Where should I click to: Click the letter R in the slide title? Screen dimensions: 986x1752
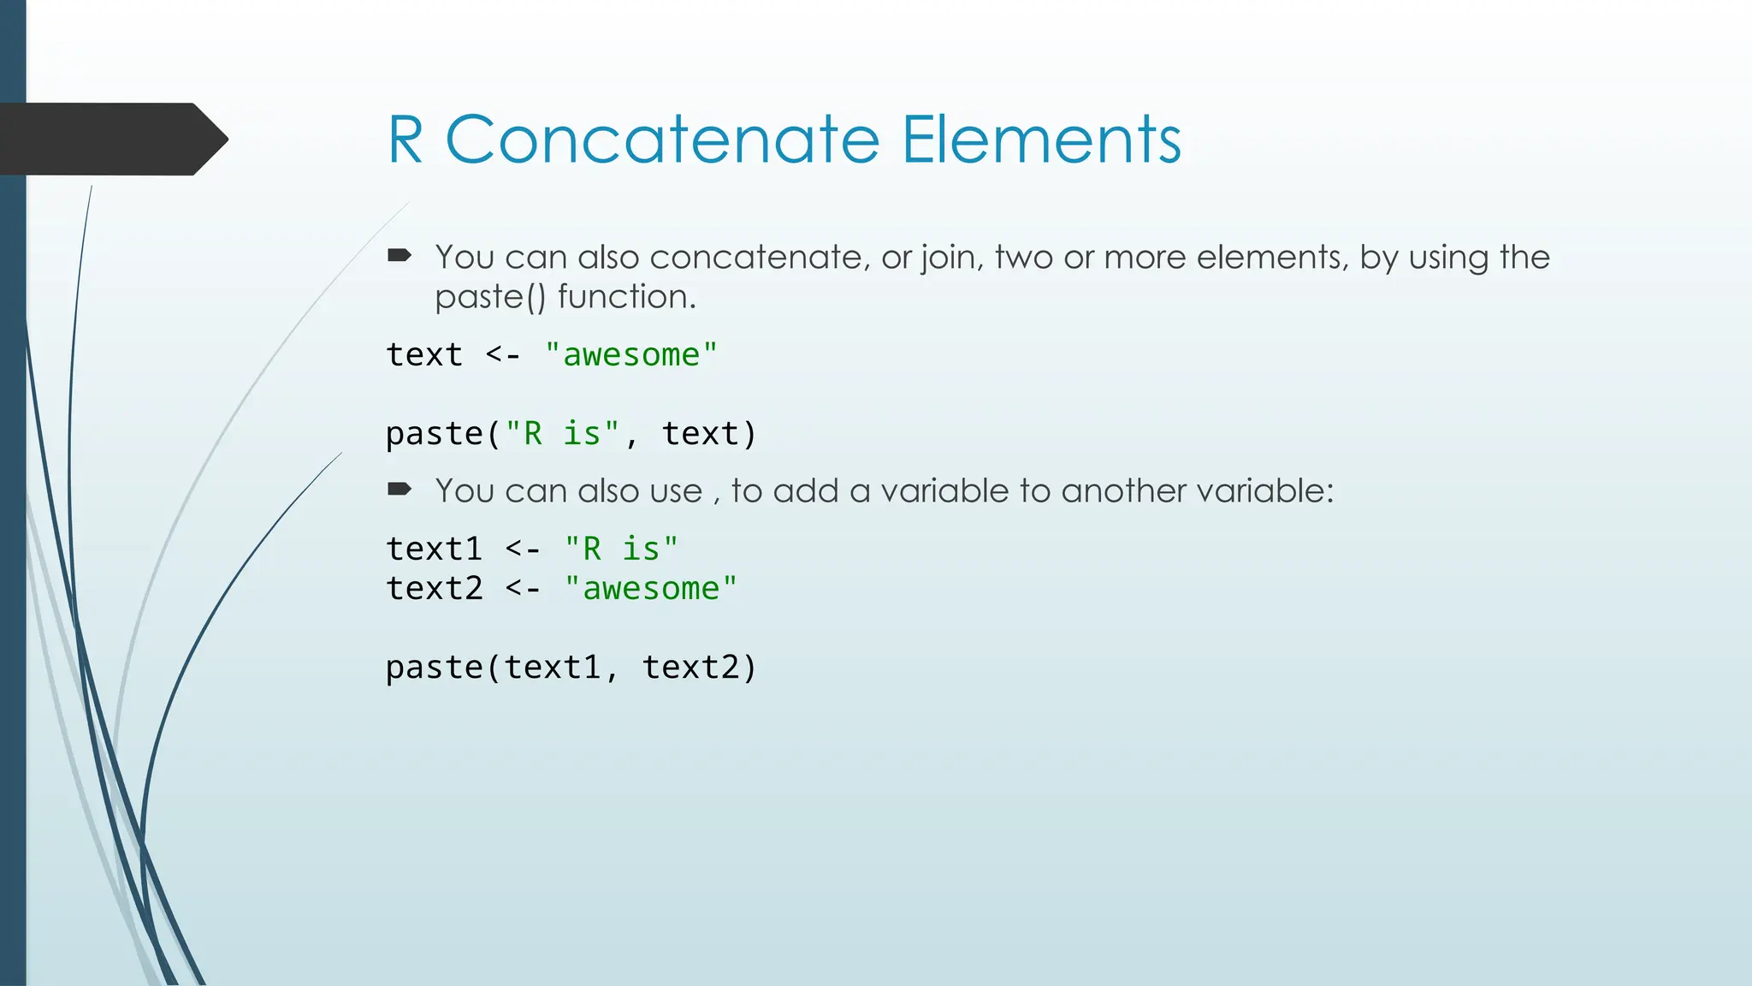click(x=405, y=140)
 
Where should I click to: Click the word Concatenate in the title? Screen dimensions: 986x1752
click(x=662, y=140)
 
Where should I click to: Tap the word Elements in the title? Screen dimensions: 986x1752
click(x=1041, y=140)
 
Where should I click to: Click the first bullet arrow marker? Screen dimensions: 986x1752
click(x=400, y=255)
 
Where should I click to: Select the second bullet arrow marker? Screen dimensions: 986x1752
click(x=400, y=490)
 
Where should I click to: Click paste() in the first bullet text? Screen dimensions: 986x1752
click(x=489, y=297)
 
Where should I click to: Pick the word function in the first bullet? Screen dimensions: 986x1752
click(x=626, y=297)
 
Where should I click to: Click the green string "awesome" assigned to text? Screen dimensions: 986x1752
click(x=630, y=354)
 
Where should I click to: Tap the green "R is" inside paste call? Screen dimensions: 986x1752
click(x=562, y=433)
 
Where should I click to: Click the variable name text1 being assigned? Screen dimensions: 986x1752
click(x=434, y=549)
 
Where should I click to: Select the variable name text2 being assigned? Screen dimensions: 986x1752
click(x=434, y=588)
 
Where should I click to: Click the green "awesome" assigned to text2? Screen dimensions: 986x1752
click(x=650, y=588)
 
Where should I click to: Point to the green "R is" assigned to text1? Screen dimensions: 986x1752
click(x=621, y=549)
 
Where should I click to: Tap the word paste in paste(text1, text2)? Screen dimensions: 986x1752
click(x=434, y=667)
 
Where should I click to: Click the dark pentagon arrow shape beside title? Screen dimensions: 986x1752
click(x=111, y=139)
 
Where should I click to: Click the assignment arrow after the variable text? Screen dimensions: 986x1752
click(x=503, y=354)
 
